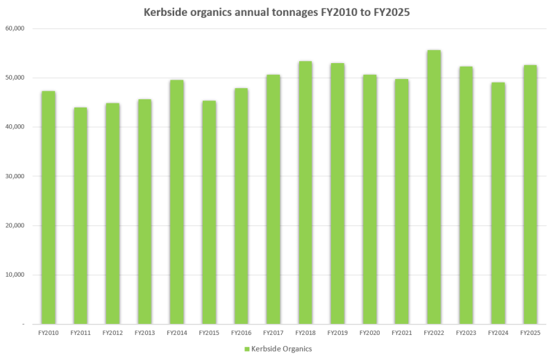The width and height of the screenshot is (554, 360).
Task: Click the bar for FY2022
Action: click(434, 187)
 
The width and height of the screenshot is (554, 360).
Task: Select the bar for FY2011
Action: click(81, 216)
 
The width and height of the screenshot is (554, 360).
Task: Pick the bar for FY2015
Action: click(209, 212)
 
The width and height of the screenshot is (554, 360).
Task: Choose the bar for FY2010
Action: click(48, 207)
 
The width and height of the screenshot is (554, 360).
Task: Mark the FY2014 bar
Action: click(177, 202)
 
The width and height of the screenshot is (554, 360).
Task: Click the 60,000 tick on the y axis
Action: click(15, 28)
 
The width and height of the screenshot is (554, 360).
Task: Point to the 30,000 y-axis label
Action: click(15, 176)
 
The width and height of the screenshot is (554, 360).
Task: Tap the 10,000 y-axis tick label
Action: click(15, 275)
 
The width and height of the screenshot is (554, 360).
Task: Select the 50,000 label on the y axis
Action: click(15, 78)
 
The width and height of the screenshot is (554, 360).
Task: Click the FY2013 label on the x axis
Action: click(144, 333)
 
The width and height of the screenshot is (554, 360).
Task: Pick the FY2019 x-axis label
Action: click(337, 333)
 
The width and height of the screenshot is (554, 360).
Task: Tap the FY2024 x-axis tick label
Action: click(498, 333)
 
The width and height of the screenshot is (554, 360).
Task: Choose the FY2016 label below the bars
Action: click(241, 333)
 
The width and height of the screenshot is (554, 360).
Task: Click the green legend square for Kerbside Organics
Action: click(246, 348)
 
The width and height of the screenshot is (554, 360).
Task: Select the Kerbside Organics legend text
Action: click(281, 348)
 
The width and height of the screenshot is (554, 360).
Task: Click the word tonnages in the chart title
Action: click(289, 12)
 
